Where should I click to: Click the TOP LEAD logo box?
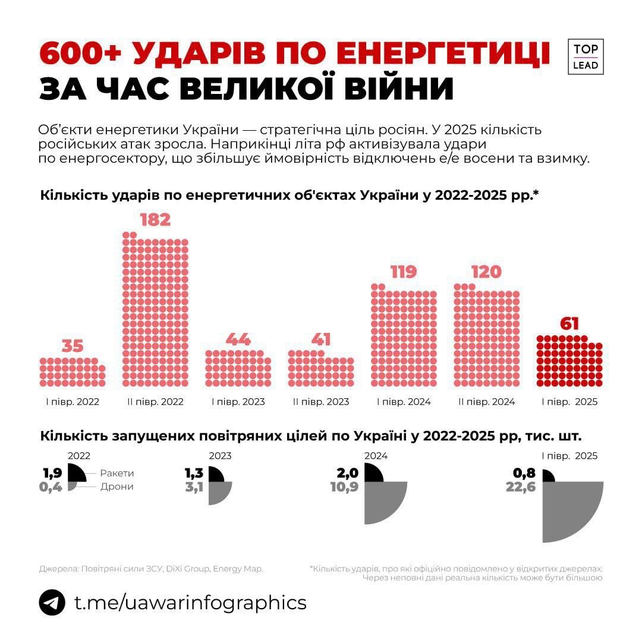pos(586,57)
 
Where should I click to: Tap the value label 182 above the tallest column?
pos(155,220)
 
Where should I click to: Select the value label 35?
pos(73,346)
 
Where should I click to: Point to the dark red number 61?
pos(569,325)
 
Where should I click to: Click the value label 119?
pos(404,272)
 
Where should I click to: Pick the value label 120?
pos(486,272)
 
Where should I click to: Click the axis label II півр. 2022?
pos(156,402)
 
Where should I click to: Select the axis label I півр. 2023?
pos(238,402)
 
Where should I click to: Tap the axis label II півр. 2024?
pos(487,402)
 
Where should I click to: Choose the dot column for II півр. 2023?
pos(321,369)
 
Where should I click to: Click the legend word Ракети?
pos(117,473)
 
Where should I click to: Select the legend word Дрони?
pos(117,486)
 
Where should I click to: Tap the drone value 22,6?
pos(521,487)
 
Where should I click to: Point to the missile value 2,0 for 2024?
pos(348,473)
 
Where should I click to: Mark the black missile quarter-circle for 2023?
pos(215,475)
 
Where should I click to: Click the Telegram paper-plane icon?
pos(52,602)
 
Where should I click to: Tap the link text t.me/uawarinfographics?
pos(190,602)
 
